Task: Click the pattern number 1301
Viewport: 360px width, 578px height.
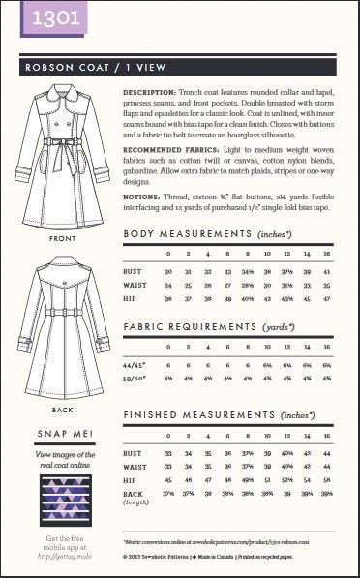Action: (x=30, y=17)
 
